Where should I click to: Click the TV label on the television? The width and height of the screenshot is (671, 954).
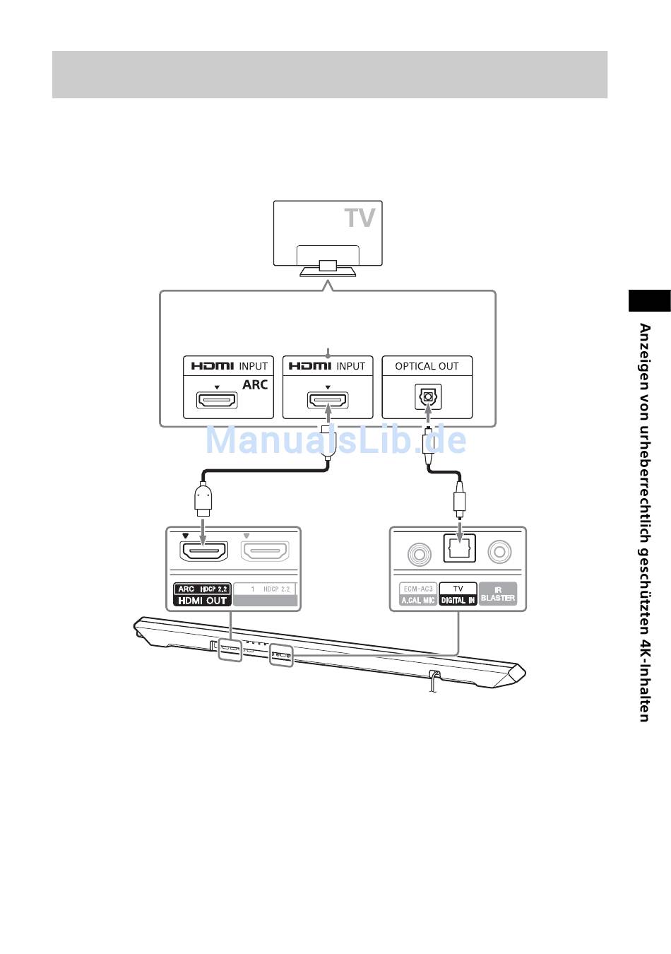coord(360,218)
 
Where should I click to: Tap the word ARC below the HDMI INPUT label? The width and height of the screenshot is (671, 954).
coord(255,384)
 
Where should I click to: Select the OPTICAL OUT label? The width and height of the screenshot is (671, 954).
coord(427,366)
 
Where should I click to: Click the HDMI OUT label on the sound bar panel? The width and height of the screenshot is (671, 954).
coord(203,601)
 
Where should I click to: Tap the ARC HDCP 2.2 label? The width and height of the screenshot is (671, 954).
coord(203,589)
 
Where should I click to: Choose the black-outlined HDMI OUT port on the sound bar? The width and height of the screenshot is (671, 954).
coord(204,551)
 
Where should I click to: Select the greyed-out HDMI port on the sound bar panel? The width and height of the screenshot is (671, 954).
coord(266,551)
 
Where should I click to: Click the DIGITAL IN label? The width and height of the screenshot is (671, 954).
coord(458,600)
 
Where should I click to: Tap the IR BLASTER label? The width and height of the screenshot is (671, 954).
coord(498,594)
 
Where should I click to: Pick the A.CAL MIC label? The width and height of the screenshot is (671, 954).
coord(418,600)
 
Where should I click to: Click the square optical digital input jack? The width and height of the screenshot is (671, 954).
coord(460,548)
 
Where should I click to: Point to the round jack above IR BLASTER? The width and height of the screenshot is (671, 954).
coord(500,551)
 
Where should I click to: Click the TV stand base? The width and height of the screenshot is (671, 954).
coord(327,271)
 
